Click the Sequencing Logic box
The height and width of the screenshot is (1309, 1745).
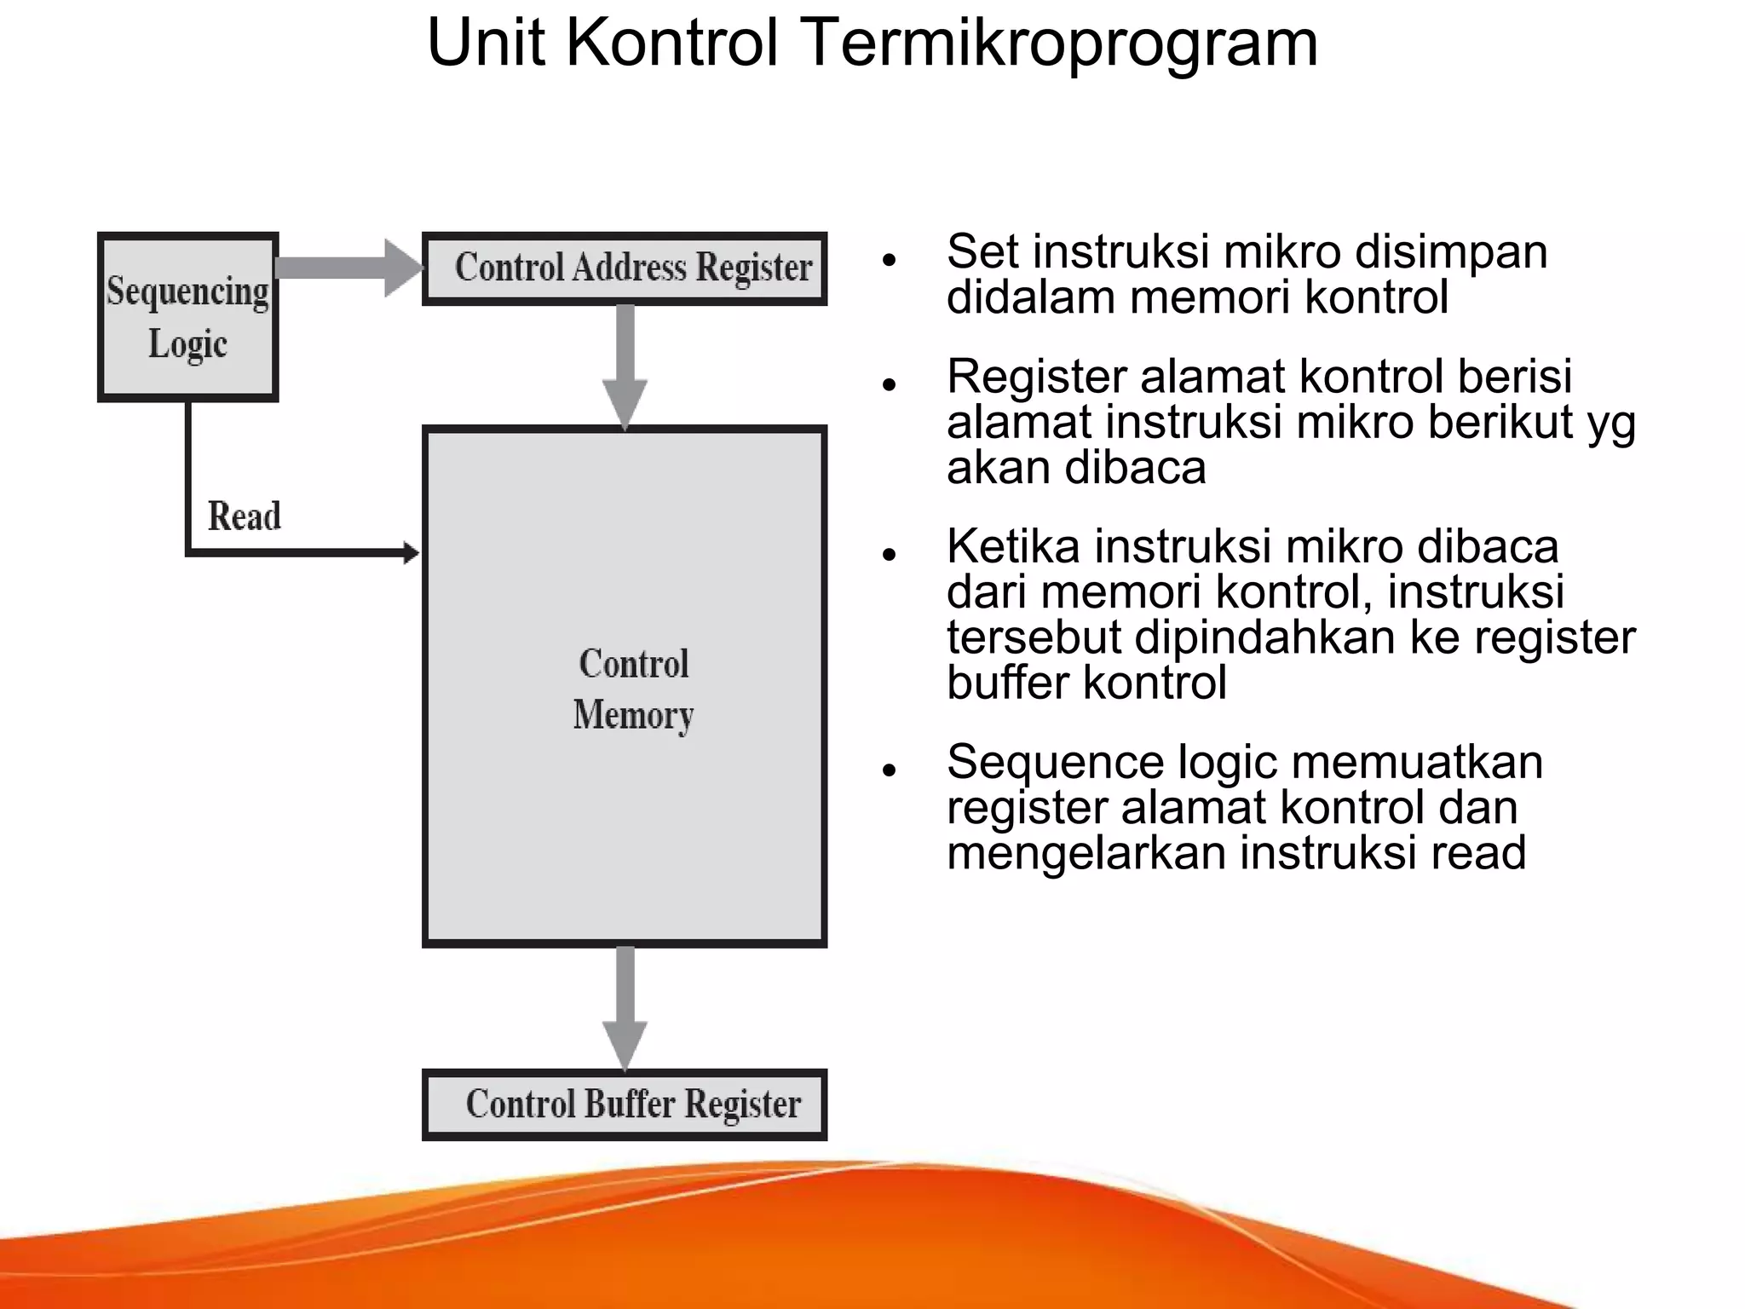188,316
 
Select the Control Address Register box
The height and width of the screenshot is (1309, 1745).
625,268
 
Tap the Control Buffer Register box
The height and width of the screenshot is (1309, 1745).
625,1104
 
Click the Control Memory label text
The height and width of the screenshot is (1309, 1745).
633,689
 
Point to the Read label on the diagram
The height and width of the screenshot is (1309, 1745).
245,516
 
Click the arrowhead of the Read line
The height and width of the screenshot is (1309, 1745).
411,553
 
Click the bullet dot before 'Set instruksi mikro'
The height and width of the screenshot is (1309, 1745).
890,259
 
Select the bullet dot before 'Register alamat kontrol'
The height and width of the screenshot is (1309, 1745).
890,384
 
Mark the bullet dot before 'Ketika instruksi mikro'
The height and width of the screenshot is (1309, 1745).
890,554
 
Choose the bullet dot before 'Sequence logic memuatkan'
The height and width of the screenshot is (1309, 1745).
890,770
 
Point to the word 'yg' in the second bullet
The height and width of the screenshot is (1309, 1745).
1611,424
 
